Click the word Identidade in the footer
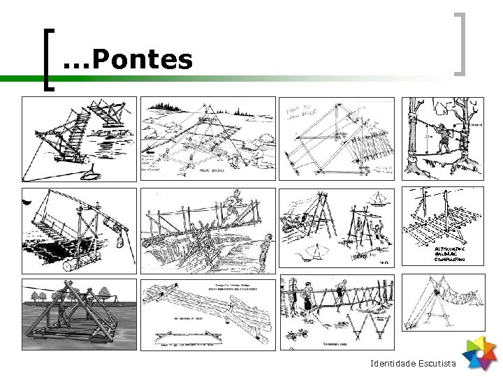coord(393,364)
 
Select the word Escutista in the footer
coord(437,364)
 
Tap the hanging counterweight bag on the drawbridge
coord(119,244)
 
